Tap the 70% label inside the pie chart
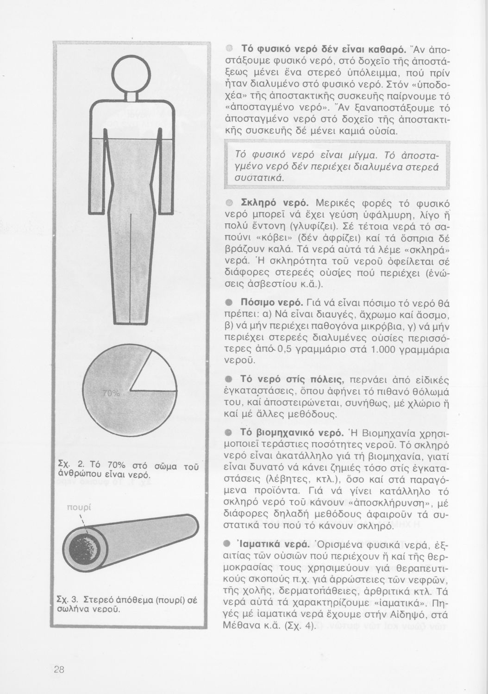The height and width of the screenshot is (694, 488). (111, 394)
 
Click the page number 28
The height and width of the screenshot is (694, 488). (59, 669)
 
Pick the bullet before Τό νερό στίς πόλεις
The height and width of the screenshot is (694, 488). (228, 380)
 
